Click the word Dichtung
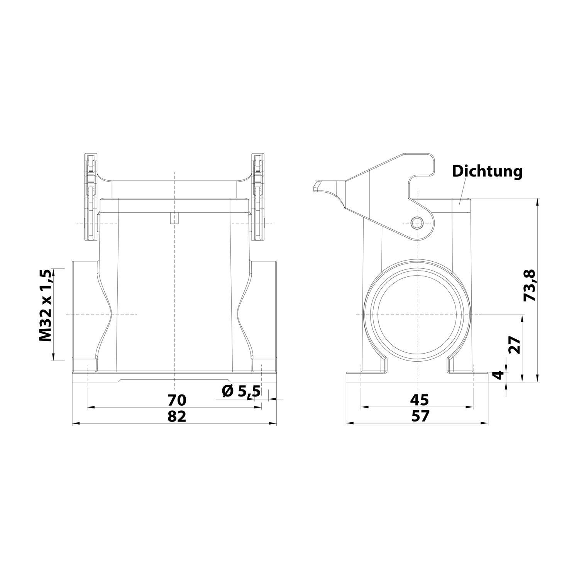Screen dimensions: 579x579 (x=487, y=171)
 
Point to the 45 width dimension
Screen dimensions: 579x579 (x=420, y=399)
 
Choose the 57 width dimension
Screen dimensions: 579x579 (x=420, y=416)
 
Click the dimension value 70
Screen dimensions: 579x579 (x=177, y=399)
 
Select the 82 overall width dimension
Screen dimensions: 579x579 (x=177, y=416)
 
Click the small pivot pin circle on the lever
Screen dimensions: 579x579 (x=417, y=223)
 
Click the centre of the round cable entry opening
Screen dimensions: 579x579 (x=417, y=315)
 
